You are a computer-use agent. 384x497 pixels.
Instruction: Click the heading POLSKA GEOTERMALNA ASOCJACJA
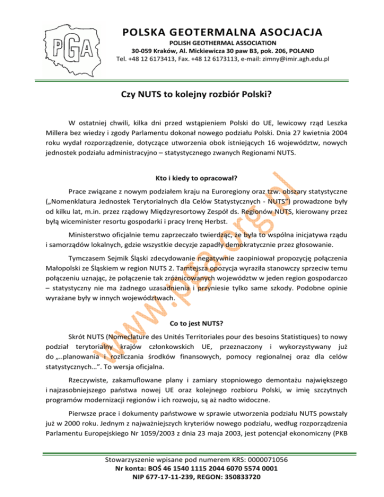tap(222, 33)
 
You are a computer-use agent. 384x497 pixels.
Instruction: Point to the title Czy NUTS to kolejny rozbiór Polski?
tap(192, 93)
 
